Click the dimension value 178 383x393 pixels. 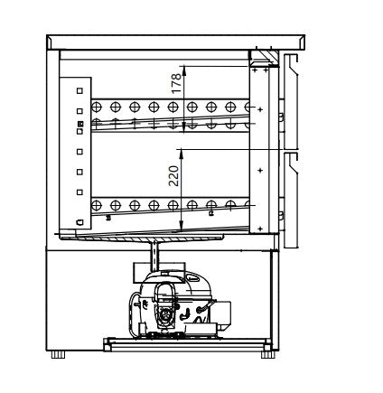point(177,83)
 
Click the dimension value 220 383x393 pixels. point(174,175)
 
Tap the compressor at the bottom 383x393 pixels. point(178,304)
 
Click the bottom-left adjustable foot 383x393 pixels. point(58,354)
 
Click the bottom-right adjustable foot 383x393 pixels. point(268,354)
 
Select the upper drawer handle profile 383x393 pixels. point(291,102)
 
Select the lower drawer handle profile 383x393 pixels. point(291,201)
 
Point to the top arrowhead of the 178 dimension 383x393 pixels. point(184,70)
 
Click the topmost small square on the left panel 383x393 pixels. point(79,90)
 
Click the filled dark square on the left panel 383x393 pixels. point(79,124)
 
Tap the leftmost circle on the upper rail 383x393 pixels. point(96,107)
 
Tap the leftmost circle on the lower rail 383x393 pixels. point(96,206)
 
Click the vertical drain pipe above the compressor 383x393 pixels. point(154,256)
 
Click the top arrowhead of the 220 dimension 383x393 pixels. point(181,154)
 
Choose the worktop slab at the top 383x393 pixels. point(176,42)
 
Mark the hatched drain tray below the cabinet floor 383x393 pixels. point(142,238)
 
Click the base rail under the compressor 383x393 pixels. point(187,345)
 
